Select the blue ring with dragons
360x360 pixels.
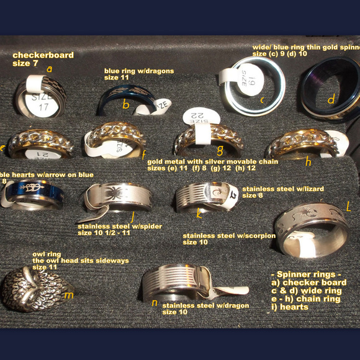124,99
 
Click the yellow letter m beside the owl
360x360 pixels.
68,295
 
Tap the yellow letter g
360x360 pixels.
219,150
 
